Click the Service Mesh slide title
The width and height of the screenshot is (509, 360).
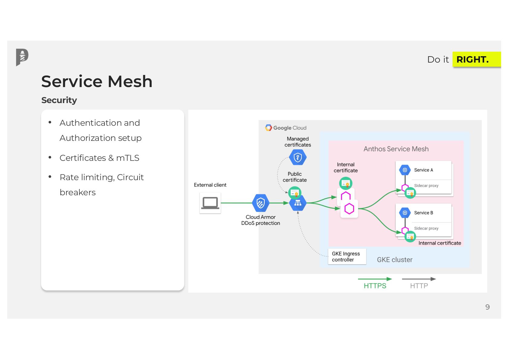click(97, 82)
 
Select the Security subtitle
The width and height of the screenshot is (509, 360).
click(59, 100)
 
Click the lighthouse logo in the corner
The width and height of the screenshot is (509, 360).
click(22, 57)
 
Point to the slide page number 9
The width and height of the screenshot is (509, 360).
click(487, 307)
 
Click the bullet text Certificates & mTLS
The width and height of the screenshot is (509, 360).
click(99, 158)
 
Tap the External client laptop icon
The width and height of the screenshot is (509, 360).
click(210, 203)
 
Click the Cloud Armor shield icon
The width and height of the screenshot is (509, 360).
click(261, 203)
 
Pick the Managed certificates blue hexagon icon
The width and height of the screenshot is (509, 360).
click(298, 157)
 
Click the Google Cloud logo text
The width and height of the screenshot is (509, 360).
click(290, 128)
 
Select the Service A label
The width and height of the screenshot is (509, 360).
click(423, 170)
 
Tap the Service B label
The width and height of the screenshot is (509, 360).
click(423, 213)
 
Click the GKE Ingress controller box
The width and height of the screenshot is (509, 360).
click(346, 257)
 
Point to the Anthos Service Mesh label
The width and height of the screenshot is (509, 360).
click(396, 149)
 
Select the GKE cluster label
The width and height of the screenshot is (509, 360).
click(394, 260)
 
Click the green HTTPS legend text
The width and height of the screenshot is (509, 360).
click(375, 286)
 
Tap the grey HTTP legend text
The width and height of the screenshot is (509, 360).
click(419, 286)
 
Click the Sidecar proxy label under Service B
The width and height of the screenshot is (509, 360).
click(426, 229)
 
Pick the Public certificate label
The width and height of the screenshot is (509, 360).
click(295, 177)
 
